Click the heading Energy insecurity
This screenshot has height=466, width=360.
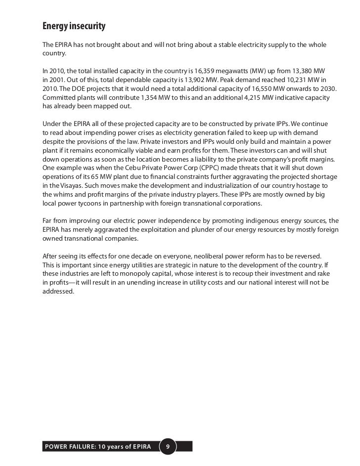click(74, 25)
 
